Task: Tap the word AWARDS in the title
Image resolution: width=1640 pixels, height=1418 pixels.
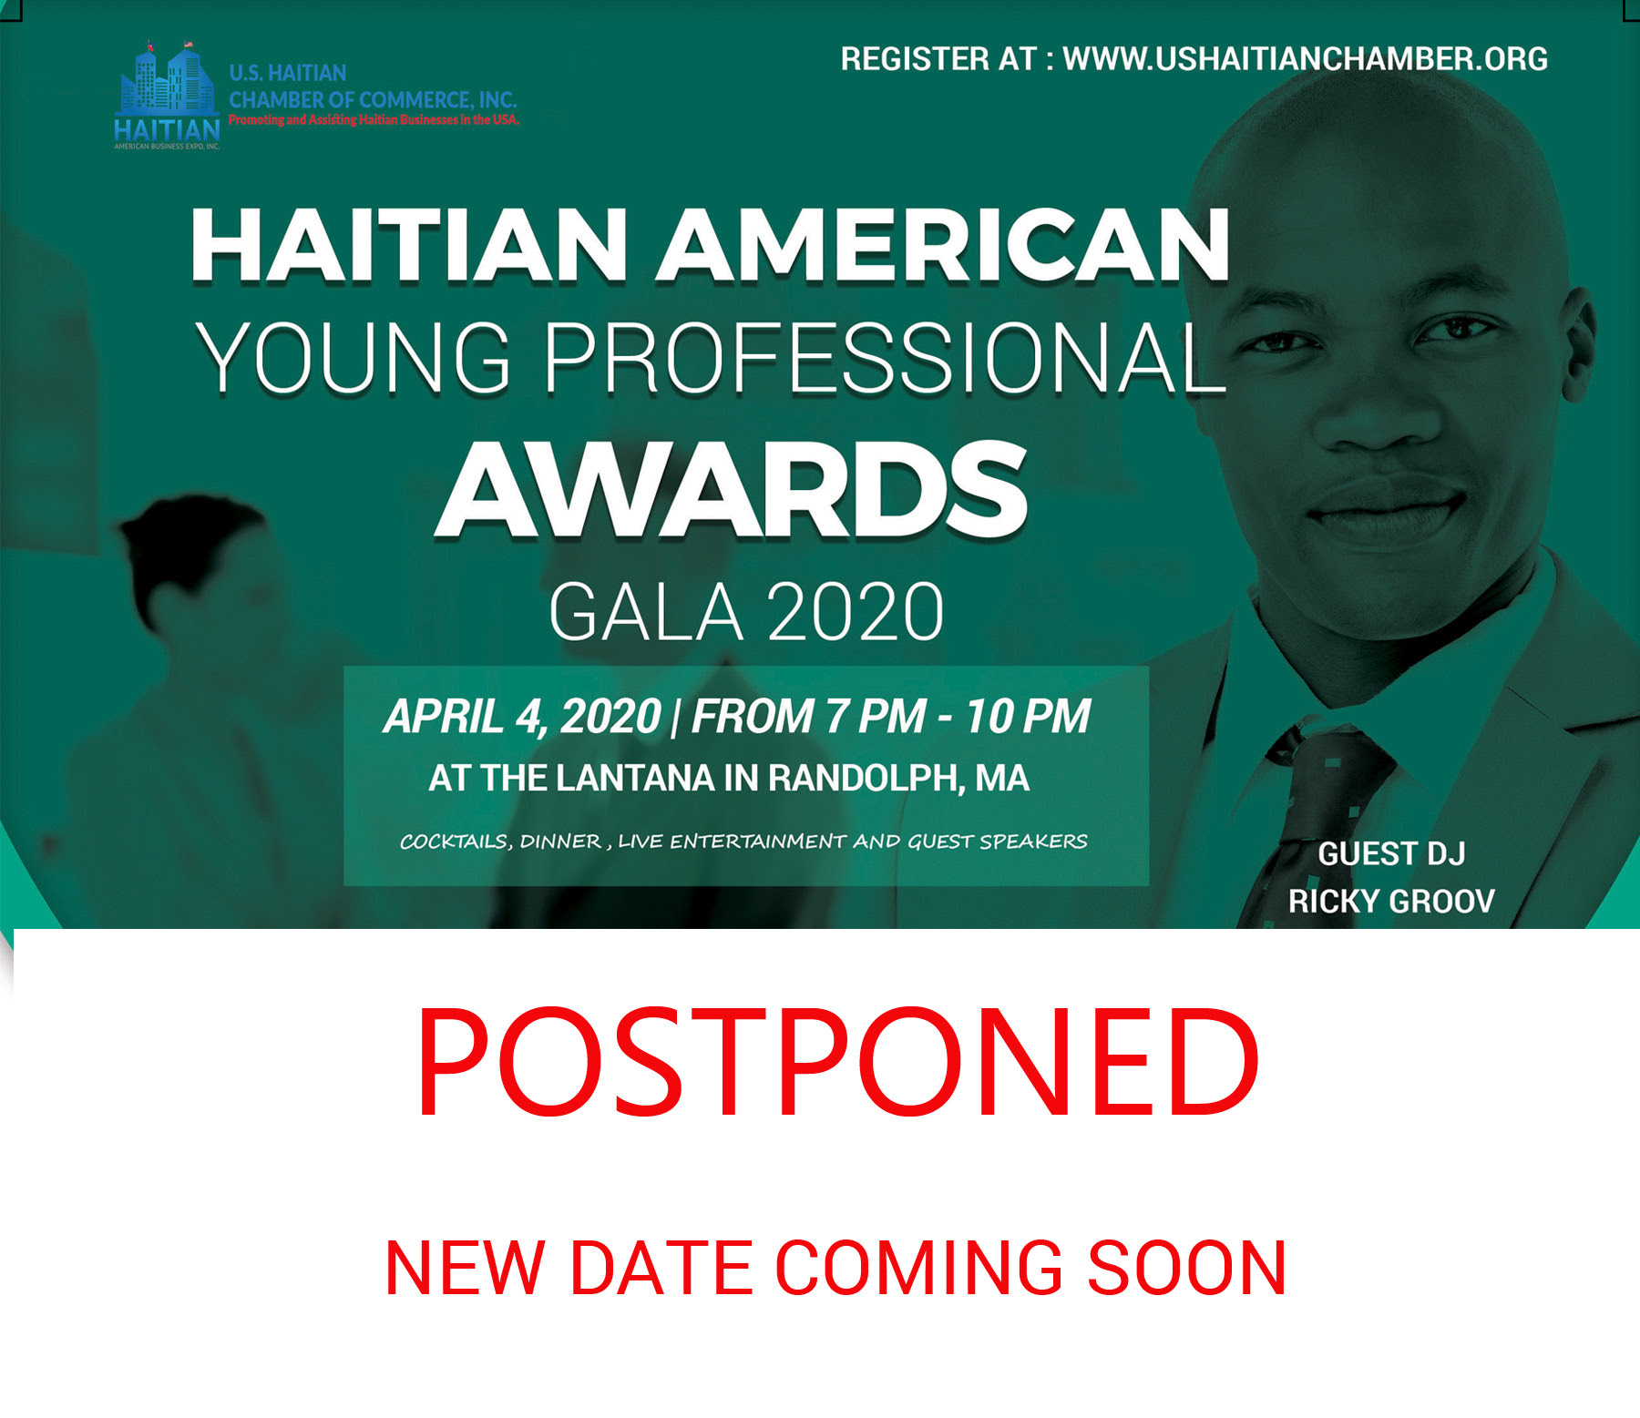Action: [732, 490]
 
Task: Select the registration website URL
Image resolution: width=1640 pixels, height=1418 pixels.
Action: [1306, 59]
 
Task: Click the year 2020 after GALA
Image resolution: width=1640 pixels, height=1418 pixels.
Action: [856, 612]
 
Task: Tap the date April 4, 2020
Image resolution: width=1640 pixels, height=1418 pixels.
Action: [522, 716]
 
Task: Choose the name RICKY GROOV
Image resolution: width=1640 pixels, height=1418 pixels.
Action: [1391, 902]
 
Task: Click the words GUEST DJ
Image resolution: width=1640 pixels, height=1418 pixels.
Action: [1391, 854]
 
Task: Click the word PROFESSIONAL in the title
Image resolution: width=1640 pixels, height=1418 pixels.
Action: [886, 358]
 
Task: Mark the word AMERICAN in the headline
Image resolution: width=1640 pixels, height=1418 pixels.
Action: [943, 245]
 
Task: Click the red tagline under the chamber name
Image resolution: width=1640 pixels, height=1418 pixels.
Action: [374, 120]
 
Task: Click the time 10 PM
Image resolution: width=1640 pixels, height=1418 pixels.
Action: [1028, 716]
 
